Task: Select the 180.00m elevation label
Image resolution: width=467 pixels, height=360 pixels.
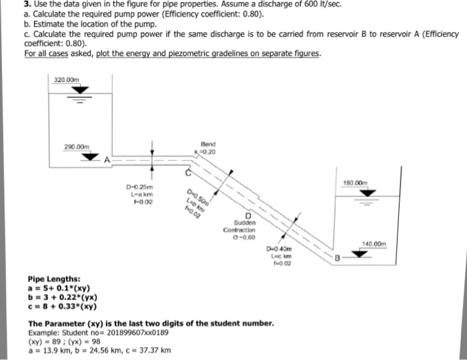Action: [x=372, y=182]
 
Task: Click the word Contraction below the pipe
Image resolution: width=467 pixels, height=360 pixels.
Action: [x=239, y=229]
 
